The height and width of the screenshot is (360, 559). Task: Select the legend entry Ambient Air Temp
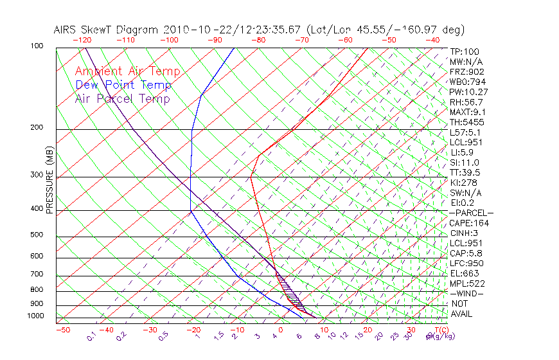127,71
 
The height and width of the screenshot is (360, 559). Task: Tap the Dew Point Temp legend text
123,85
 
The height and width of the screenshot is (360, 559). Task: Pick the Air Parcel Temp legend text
122,98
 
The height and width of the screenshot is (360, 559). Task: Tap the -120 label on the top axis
82,40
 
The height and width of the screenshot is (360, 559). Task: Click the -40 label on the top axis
432,40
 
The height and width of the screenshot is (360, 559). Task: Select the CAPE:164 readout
468,223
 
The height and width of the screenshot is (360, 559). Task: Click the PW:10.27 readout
468,92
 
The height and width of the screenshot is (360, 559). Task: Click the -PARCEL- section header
471,213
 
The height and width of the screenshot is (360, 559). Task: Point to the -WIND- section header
466,293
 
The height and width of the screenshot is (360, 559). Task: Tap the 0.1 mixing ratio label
92,336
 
